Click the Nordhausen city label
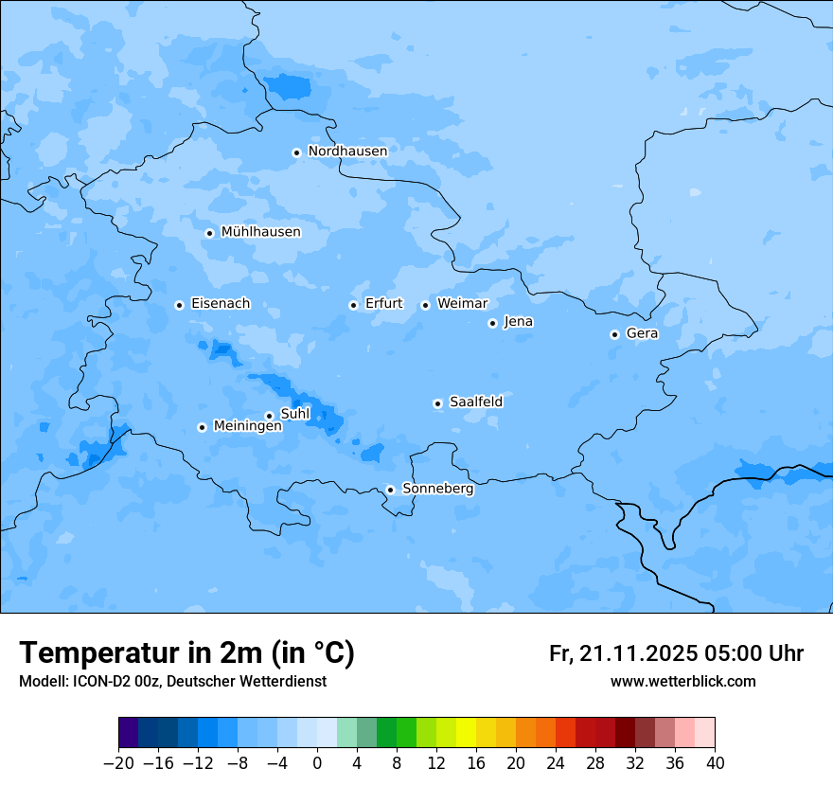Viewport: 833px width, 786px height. pyautogui.click(x=347, y=152)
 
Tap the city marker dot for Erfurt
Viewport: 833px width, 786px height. pyautogui.click(x=353, y=305)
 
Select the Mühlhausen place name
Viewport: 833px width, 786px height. pyautogui.click(x=260, y=232)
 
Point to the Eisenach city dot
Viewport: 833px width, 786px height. pyautogui.click(x=179, y=305)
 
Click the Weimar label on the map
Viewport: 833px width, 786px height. pyautogui.click(x=462, y=304)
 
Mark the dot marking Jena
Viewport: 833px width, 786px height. pyautogui.click(x=492, y=323)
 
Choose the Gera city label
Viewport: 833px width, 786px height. pyautogui.click(x=642, y=333)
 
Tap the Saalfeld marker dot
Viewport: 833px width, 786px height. pyautogui.click(x=437, y=403)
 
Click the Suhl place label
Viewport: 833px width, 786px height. pyautogui.click(x=295, y=414)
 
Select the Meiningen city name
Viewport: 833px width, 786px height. pyautogui.click(x=248, y=426)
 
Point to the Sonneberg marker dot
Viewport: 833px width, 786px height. pyautogui.click(x=390, y=490)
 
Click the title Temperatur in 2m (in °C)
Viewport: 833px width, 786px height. pyautogui.click(x=186, y=652)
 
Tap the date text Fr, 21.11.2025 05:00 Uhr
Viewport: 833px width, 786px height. pyautogui.click(x=676, y=653)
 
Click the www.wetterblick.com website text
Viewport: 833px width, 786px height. pyautogui.click(x=682, y=682)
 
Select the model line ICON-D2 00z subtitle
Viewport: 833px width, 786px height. pyautogui.click(x=172, y=682)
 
